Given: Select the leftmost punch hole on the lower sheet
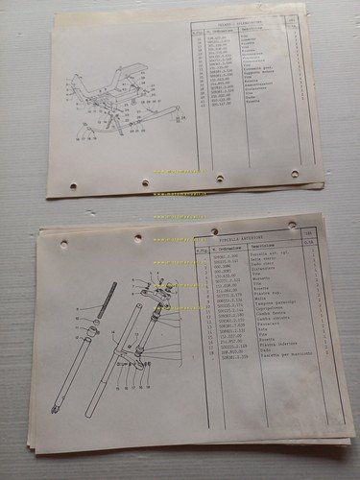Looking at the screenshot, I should point(63,243).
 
